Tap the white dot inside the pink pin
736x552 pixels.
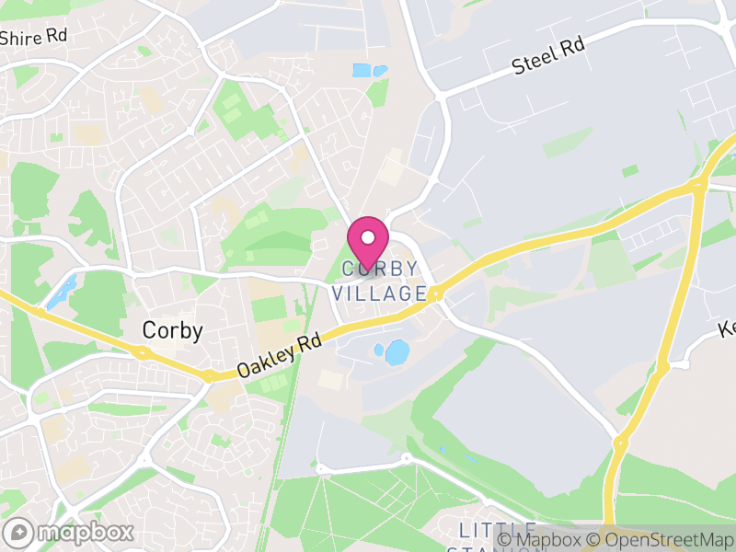[368, 237]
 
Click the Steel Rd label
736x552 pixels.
[548, 57]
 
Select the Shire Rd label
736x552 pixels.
[34, 37]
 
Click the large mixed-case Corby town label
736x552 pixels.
[172, 330]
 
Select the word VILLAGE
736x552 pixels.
[379, 293]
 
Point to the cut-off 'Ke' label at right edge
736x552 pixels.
[727, 328]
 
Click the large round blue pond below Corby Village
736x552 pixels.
[397, 352]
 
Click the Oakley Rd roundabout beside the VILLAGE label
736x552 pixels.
[436, 295]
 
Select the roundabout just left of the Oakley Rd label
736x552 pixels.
[210, 375]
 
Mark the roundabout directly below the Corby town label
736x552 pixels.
[141, 352]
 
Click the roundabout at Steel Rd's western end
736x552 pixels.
[441, 96]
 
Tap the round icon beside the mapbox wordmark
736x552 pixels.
[19, 532]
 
